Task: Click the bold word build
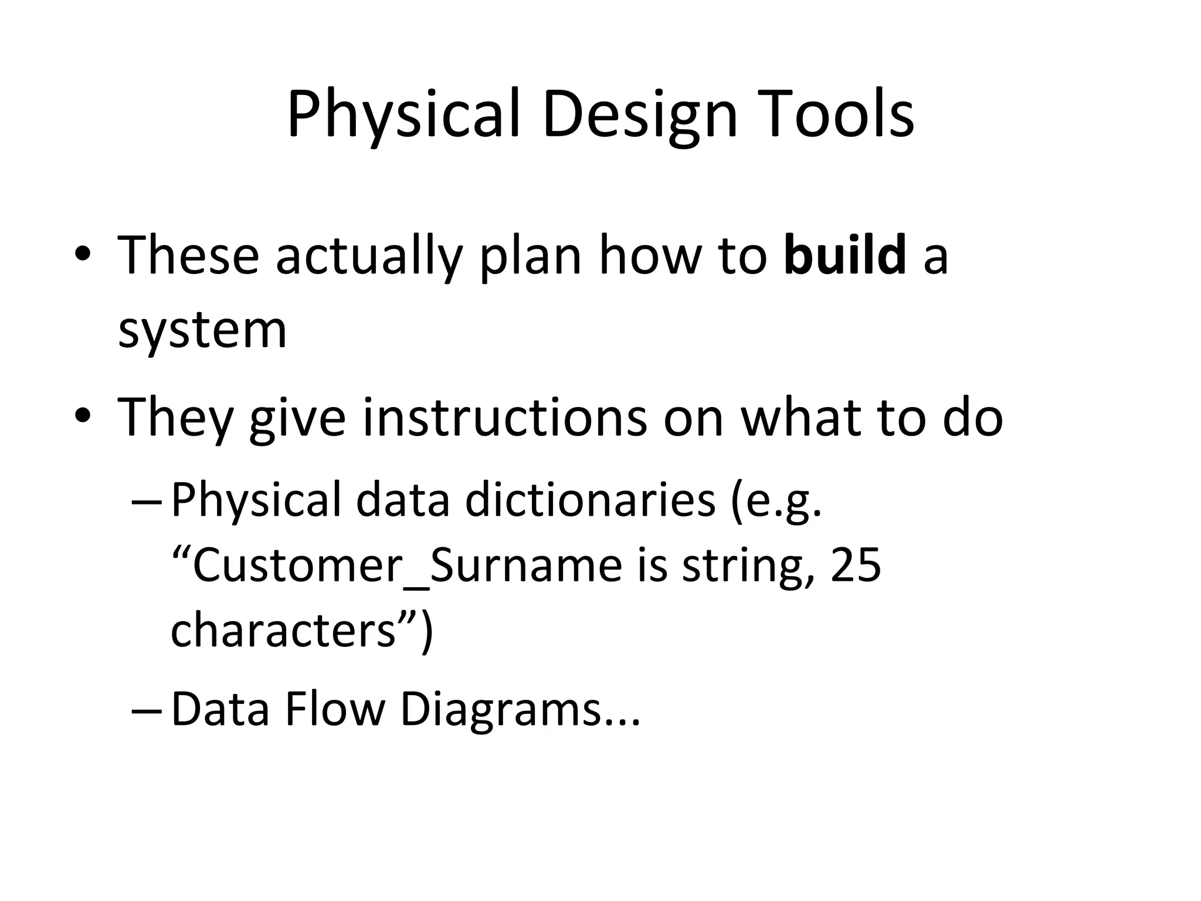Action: coord(845,255)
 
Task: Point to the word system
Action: coord(202,330)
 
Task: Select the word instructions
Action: coord(505,416)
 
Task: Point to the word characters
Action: coord(283,629)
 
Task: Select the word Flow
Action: coord(334,709)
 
